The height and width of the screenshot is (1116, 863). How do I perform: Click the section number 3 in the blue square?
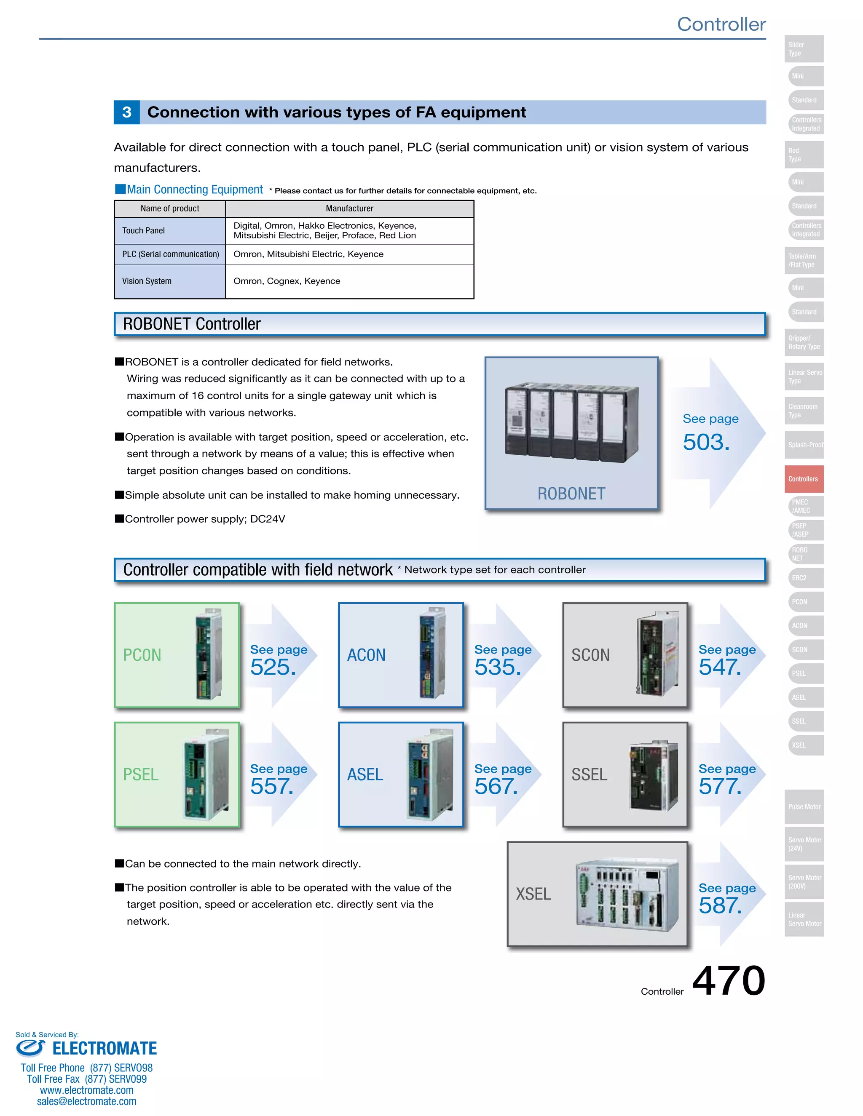127,112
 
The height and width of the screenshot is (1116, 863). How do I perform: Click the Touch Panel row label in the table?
143,230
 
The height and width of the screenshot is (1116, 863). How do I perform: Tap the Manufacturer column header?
349,208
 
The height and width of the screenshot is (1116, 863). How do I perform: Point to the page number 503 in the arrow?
706,442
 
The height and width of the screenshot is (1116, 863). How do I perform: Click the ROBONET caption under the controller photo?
571,494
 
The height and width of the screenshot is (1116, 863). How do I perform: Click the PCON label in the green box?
142,655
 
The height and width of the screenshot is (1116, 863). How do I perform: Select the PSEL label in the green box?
141,774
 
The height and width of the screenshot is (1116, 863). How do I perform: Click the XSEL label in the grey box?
533,894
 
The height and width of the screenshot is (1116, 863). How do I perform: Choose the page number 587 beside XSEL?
720,905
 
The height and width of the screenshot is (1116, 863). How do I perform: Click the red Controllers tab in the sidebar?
804,479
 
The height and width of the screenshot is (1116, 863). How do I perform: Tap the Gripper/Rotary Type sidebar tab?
804,342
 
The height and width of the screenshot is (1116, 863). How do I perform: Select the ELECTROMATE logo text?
105,1049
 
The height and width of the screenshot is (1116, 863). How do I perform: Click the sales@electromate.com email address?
86,1101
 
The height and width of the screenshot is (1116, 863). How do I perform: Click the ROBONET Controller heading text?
192,324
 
